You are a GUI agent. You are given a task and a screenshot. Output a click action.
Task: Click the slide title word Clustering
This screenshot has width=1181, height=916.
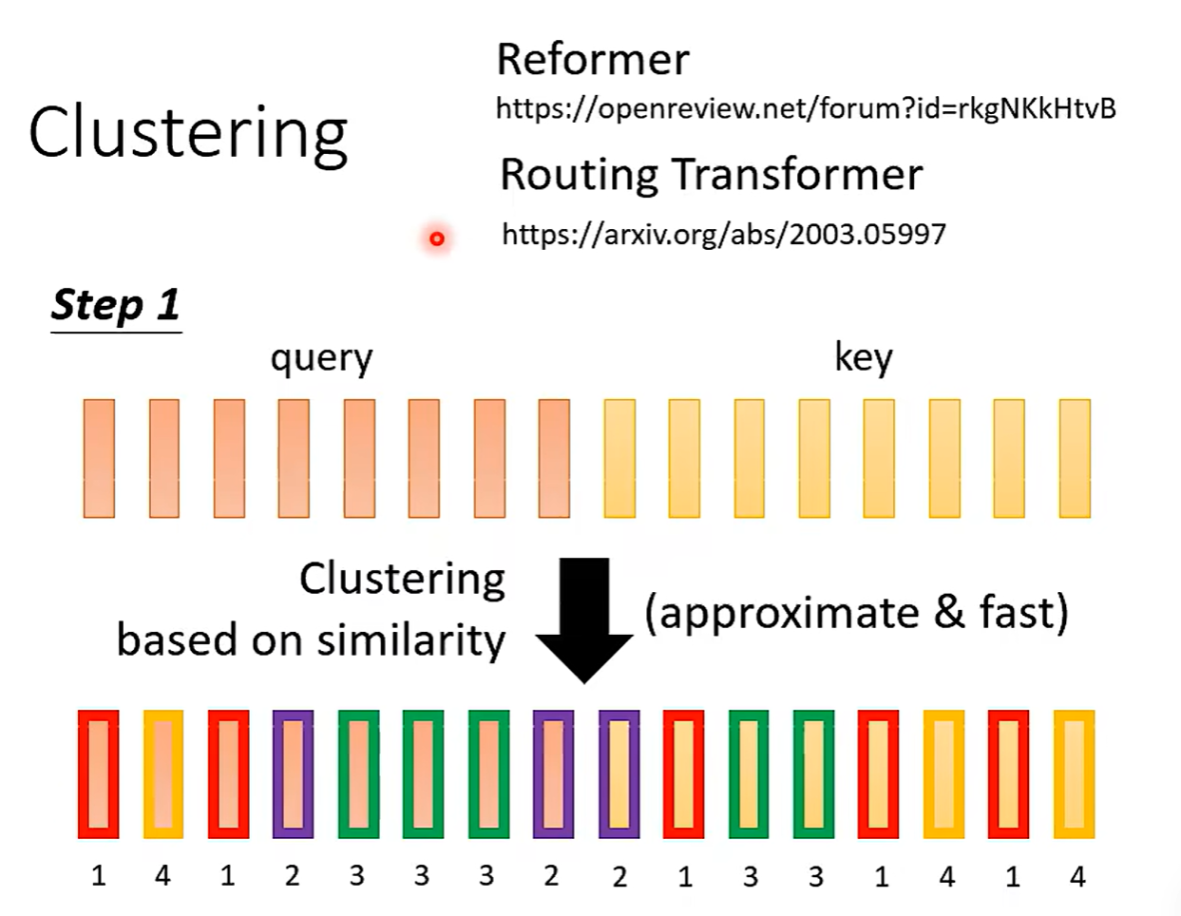coord(188,133)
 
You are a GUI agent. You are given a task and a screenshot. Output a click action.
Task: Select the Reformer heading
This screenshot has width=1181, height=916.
coord(593,60)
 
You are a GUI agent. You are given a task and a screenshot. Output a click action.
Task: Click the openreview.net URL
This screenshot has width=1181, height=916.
coord(806,108)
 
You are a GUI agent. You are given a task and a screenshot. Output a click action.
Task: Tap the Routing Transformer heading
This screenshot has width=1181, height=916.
coord(711,175)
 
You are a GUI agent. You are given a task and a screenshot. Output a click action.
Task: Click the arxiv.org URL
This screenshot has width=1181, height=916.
coord(723,234)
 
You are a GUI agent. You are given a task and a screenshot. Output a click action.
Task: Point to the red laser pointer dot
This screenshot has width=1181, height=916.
coord(437,239)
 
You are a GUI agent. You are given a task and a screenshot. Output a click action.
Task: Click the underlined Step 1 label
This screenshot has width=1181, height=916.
coord(115,305)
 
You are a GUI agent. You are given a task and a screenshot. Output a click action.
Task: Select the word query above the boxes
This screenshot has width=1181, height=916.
coord(321,358)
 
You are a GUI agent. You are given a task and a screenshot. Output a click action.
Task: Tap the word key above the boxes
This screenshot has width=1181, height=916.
coord(863,357)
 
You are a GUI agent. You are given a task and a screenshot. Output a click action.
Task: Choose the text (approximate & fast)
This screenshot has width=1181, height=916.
coord(856,613)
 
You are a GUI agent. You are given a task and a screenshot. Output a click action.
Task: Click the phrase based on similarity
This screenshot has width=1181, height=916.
coord(311,639)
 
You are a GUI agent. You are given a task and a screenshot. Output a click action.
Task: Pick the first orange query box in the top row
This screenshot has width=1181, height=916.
coord(99,458)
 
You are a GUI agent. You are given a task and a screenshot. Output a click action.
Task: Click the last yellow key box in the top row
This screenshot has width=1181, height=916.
coord(1075,458)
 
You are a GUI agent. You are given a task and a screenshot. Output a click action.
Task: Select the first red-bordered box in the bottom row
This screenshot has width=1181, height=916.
coord(99,773)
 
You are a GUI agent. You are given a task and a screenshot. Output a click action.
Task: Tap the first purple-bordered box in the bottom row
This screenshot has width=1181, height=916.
coord(293,773)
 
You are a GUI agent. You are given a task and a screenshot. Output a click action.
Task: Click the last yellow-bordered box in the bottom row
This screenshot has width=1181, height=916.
coord(1074,773)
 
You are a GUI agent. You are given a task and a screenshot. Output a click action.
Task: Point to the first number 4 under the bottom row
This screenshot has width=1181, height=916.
coord(162,875)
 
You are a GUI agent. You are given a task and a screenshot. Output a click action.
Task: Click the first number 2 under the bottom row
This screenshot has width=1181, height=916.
coord(292,875)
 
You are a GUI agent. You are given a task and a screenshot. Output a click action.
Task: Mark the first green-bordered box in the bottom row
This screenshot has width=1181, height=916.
coord(358,773)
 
